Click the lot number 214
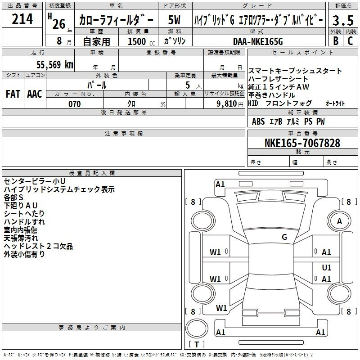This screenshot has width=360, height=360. (22, 19)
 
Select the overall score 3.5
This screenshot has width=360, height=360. (343, 20)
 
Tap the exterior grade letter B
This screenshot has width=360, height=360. (336, 41)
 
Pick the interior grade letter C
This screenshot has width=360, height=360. (350, 41)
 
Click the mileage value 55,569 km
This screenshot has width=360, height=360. (55, 64)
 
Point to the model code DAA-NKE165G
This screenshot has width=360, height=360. (258, 41)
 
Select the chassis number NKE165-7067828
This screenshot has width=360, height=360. (302, 143)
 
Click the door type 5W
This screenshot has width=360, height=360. (174, 20)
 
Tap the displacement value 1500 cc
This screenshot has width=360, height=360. (141, 41)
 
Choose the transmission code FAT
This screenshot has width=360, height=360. (13, 94)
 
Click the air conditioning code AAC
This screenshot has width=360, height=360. (35, 94)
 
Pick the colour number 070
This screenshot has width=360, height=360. (75, 104)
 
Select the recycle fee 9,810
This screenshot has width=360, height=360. (227, 103)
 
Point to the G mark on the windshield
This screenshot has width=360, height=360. (284, 237)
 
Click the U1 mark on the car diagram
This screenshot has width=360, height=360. (327, 267)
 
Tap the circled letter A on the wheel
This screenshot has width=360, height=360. (339, 221)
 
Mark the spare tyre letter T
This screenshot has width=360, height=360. (197, 344)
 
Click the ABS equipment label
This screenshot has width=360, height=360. (258, 121)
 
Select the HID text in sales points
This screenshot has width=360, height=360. (253, 103)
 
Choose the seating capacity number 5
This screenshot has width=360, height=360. (188, 85)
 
